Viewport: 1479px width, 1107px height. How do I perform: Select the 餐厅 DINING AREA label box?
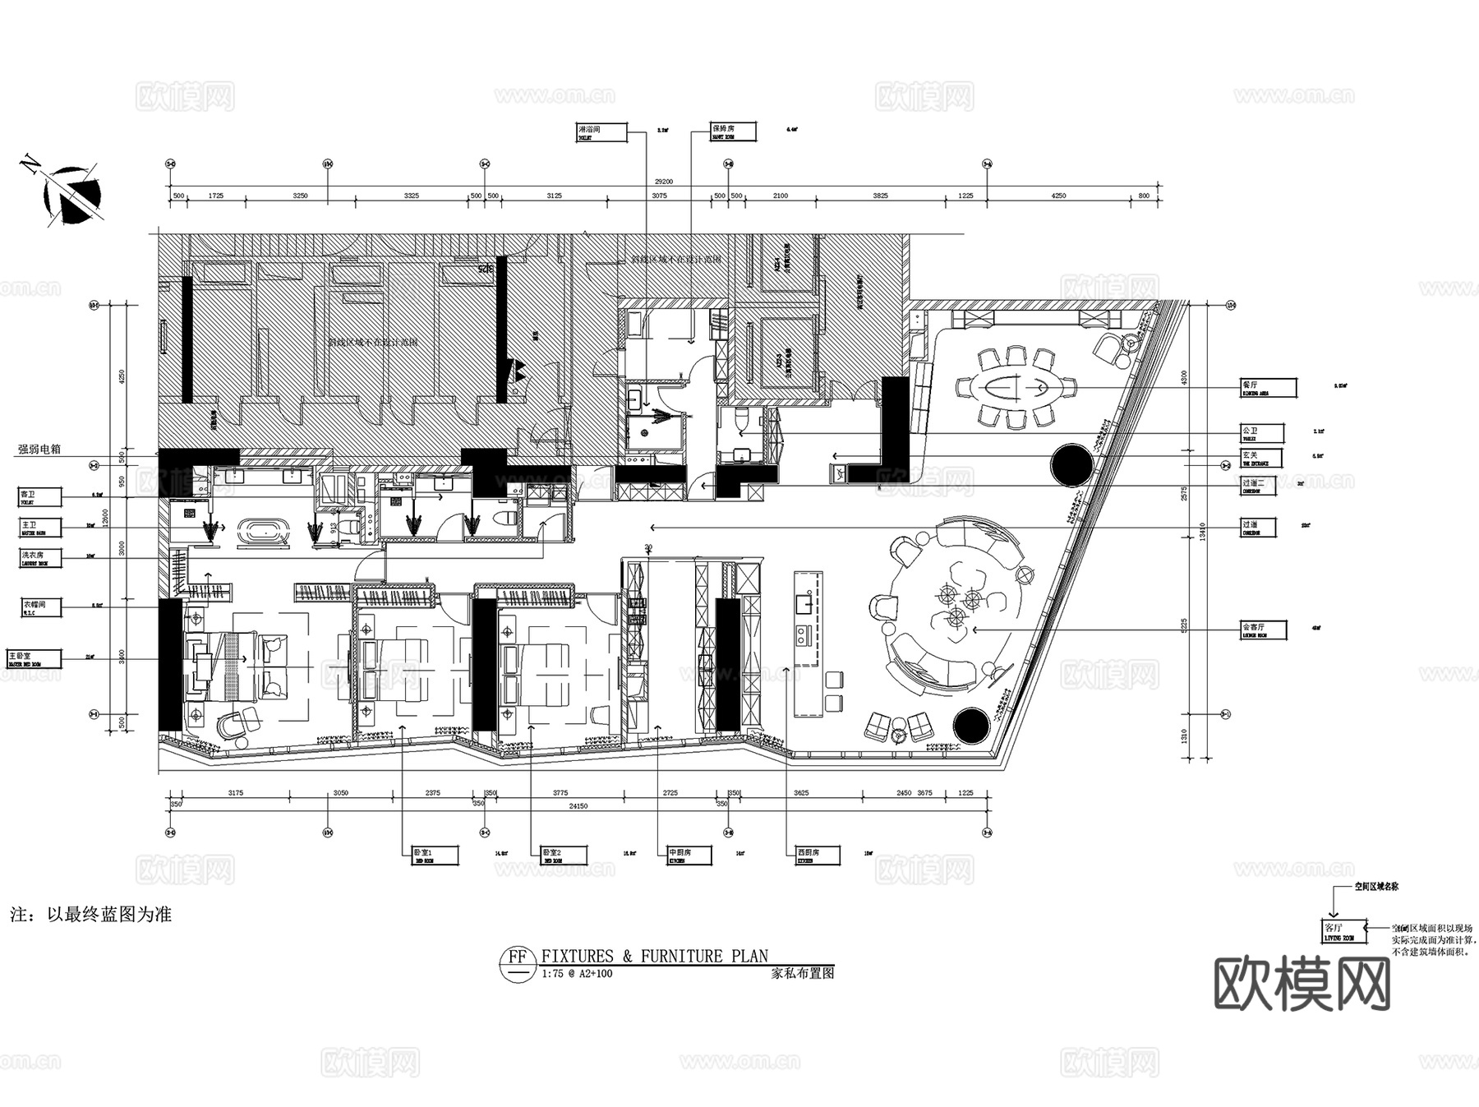coord(1268,388)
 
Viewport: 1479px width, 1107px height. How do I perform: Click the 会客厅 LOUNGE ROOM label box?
coord(1263,630)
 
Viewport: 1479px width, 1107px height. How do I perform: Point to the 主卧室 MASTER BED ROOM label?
coord(34,658)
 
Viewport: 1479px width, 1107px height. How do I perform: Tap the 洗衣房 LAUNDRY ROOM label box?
coord(39,558)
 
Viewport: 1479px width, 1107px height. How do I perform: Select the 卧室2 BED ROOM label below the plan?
coord(563,856)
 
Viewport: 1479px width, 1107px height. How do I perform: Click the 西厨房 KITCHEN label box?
coord(818,856)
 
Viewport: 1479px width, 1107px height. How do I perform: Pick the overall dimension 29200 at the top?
coord(663,182)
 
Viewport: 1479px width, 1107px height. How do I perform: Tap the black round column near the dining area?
coord(1071,464)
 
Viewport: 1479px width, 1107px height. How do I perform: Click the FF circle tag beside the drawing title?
coord(517,958)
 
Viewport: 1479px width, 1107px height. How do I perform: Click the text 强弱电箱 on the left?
coord(39,450)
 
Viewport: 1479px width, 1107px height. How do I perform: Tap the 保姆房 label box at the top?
coord(733,131)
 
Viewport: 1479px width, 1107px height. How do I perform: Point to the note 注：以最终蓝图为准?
coord(91,914)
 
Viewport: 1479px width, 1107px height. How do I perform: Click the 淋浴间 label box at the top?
coord(601,132)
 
